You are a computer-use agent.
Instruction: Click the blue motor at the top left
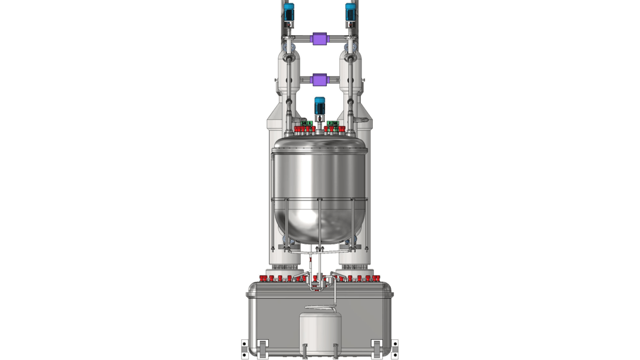[x=289, y=12]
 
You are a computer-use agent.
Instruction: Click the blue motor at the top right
[x=350, y=12]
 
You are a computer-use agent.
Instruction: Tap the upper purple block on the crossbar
[x=319, y=39]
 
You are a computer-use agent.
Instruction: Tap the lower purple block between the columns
[x=319, y=80]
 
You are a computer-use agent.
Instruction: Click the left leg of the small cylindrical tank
[x=305, y=351]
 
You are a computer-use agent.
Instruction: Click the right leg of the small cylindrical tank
[x=335, y=351]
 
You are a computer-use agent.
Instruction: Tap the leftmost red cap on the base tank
[x=262, y=278]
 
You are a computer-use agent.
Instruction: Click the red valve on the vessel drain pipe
[x=310, y=263]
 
